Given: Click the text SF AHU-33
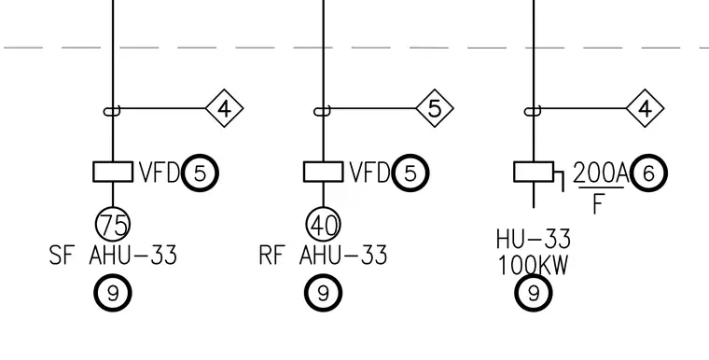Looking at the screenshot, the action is tap(113, 255).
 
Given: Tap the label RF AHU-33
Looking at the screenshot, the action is tap(324, 255).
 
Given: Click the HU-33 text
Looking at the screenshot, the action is tap(534, 240).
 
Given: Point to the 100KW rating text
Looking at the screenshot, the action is tap(534, 266).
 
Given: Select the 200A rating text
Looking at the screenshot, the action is tap(601, 173).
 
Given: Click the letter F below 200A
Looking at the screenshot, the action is tap(598, 204).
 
